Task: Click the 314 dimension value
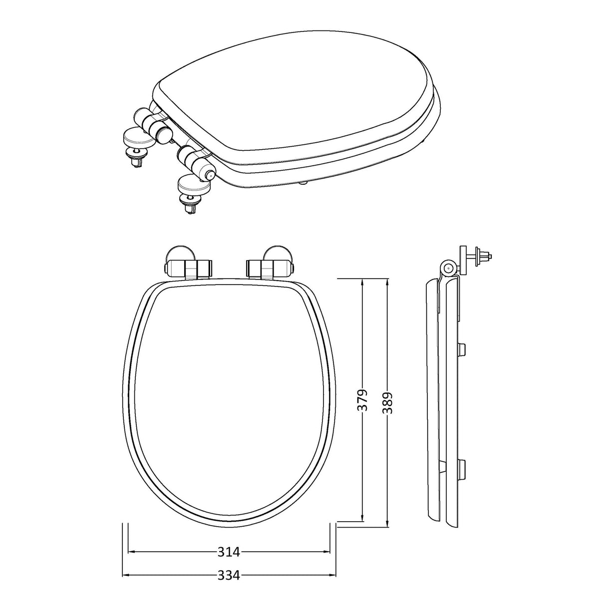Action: [x=229, y=552]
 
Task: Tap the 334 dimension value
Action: [x=229, y=576]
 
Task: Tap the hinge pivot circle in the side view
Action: [x=448, y=268]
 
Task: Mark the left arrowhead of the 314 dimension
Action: [x=132, y=552]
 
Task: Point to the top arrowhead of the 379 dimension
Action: [x=363, y=283]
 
